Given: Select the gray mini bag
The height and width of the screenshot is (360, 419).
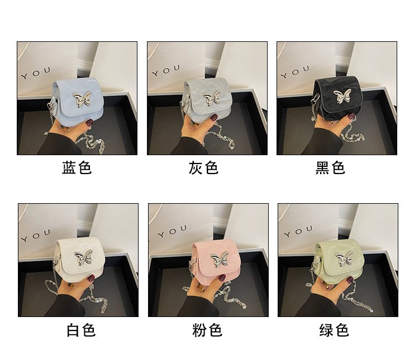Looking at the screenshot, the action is pyautogui.click(x=207, y=100).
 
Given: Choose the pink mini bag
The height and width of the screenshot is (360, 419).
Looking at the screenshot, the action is pyautogui.click(x=216, y=261).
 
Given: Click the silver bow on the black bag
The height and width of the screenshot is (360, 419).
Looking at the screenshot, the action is pyautogui.click(x=342, y=96).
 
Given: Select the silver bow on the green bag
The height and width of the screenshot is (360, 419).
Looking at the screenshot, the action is pyautogui.click(x=344, y=258).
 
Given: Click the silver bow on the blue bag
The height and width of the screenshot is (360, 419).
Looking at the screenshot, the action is pyautogui.click(x=82, y=99).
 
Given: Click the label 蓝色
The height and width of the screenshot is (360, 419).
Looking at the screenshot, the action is pyautogui.click(x=77, y=167).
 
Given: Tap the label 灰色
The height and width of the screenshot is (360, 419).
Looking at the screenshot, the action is pyautogui.click(x=203, y=167).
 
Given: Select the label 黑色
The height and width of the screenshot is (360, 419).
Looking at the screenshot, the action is pyautogui.click(x=330, y=167).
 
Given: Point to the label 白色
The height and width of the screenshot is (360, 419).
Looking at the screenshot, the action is pyautogui.click(x=81, y=330).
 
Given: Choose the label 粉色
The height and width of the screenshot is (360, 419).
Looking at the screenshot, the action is pyautogui.click(x=207, y=330).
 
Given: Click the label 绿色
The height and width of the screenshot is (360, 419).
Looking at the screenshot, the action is pyautogui.click(x=334, y=330).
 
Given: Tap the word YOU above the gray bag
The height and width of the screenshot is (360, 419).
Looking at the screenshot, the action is pyautogui.click(x=166, y=70).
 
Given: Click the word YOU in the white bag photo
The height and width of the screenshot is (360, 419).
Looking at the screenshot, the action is pyautogui.click(x=36, y=235).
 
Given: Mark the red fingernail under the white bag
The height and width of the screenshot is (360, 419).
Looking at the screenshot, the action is pyautogui.click(x=91, y=279).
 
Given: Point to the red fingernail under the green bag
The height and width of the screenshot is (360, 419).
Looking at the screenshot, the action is pyautogui.click(x=350, y=281).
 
